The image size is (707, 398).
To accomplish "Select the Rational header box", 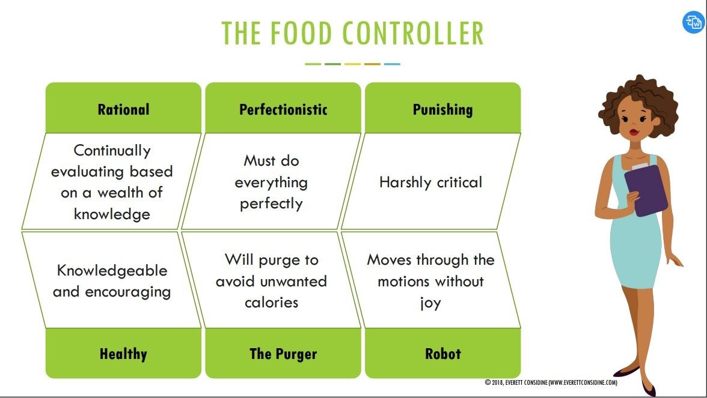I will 123,109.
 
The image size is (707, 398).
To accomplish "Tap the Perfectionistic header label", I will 283,109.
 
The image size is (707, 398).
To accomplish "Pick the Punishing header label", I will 442,109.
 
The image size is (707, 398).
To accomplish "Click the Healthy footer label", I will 123,354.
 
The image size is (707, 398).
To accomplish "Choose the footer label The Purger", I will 283,354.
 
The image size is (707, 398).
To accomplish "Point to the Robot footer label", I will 442,354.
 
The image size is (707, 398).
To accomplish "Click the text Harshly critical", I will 430,182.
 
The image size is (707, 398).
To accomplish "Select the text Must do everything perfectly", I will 271,182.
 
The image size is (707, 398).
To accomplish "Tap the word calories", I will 271,303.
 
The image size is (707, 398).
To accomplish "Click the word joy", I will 430,303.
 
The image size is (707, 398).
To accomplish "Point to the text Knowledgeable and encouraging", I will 112,281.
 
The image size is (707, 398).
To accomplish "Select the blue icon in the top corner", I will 693,23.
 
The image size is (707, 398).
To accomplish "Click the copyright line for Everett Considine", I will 551,382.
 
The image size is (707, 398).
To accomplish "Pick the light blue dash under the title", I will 392,64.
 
